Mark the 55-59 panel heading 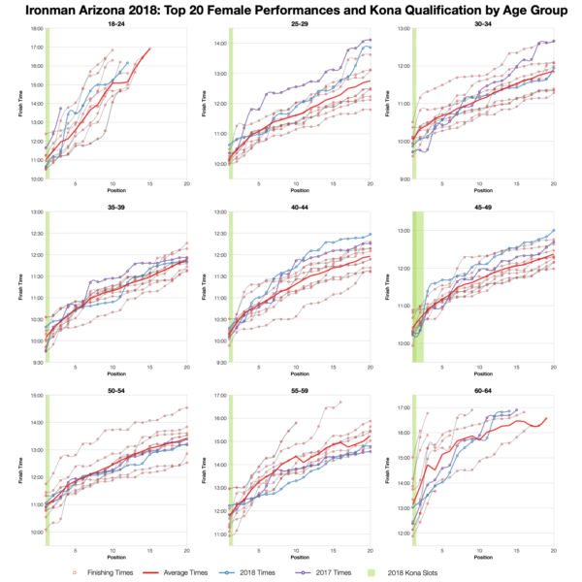point(295,390)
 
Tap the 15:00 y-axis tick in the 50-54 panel point(37,396)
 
